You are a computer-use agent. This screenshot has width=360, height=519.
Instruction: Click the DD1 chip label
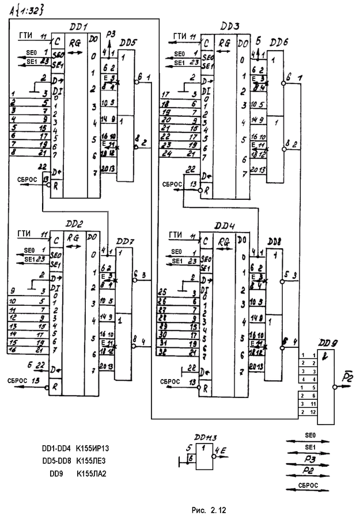[x=78, y=26]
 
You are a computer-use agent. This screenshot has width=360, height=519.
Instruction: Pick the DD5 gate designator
[x=128, y=42]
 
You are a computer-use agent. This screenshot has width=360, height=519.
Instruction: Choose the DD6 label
[x=279, y=43]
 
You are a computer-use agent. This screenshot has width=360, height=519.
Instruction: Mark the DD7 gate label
[x=125, y=240]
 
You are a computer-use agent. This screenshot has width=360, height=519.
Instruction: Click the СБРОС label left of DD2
[x=18, y=380]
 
